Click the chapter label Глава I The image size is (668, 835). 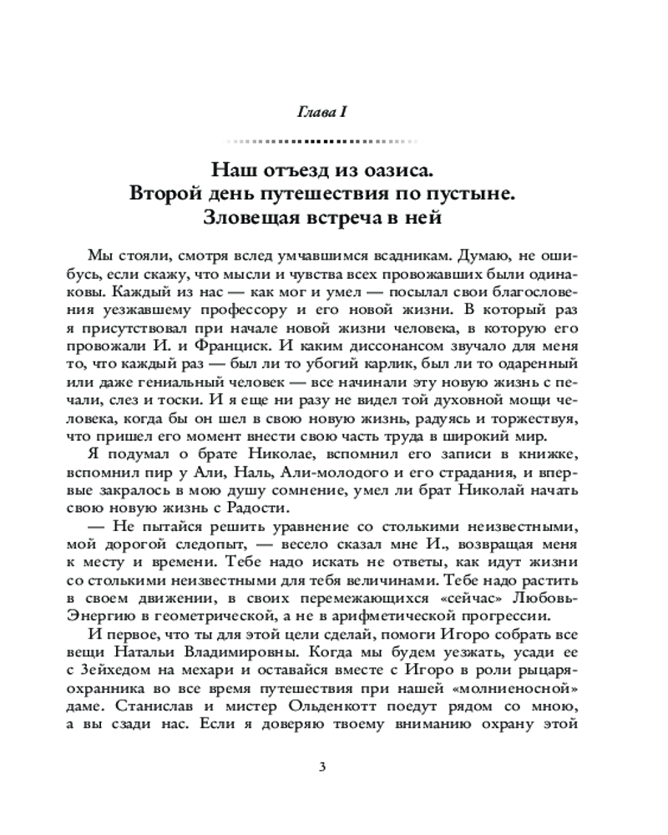click(334, 113)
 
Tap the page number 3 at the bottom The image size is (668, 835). click(334, 767)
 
